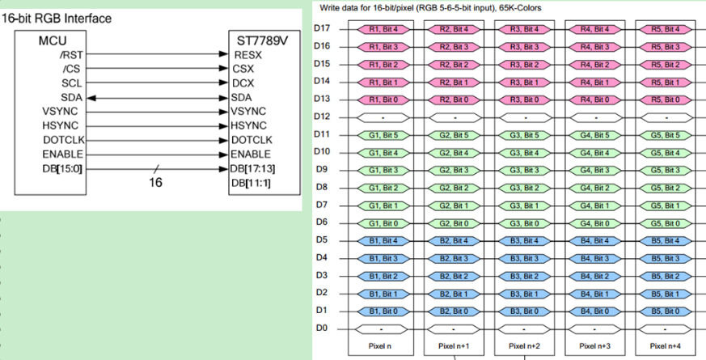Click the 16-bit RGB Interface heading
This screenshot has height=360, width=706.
tap(57, 19)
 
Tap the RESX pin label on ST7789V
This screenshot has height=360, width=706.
tap(248, 55)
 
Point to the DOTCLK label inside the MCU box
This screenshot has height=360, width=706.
tap(64, 140)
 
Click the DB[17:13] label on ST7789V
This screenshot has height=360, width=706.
tap(252, 168)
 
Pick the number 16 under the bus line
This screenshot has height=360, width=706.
tap(155, 183)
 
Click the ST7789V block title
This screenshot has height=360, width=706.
tap(263, 40)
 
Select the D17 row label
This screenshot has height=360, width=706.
tap(322, 28)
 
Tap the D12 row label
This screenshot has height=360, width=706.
tap(322, 116)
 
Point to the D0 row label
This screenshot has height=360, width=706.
tap(322, 328)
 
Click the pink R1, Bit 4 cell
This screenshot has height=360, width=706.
tap(383, 29)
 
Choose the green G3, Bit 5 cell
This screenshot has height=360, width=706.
tap(525, 135)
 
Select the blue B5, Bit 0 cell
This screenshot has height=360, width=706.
tap(666, 311)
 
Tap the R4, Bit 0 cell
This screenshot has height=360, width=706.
tap(595, 100)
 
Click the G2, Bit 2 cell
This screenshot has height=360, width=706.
tap(454, 188)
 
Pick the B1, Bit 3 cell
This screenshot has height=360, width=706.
tap(383, 259)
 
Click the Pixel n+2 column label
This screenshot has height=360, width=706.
tap(524, 346)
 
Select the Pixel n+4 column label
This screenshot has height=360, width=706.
tap(666, 346)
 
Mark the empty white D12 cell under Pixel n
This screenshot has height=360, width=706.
tap(383, 117)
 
